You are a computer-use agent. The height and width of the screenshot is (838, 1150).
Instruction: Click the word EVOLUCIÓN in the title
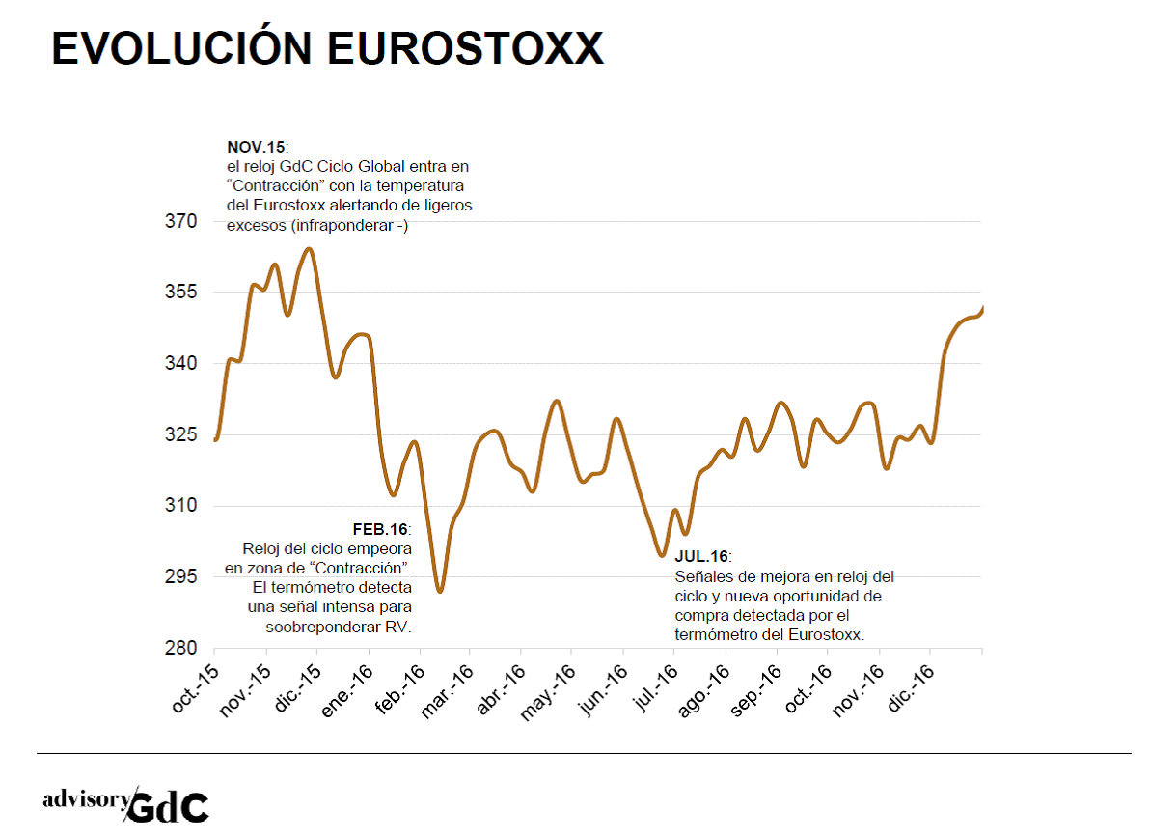(x=183, y=48)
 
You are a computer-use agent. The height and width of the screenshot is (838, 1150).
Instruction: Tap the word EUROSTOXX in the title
(x=466, y=48)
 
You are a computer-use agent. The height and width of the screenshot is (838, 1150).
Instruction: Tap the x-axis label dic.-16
(x=912, y=686)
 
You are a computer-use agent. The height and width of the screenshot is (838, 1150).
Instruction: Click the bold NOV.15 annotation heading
(x=256, y=147)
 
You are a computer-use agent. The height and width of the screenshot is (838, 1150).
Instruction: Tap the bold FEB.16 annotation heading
(x=381, y=530)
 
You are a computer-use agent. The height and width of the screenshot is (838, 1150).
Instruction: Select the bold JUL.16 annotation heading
(x=701, y=557)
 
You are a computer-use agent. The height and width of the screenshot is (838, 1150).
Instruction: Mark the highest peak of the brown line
(x=309, y=249)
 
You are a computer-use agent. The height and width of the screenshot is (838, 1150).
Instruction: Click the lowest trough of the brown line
(x=440, y=591)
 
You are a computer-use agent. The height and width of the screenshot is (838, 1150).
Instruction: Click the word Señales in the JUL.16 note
(x=702, y=576)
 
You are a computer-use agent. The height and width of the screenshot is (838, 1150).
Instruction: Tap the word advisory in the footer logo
(x=85, y=800)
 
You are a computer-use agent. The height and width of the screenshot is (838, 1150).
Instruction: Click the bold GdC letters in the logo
(x=168, y=807)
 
